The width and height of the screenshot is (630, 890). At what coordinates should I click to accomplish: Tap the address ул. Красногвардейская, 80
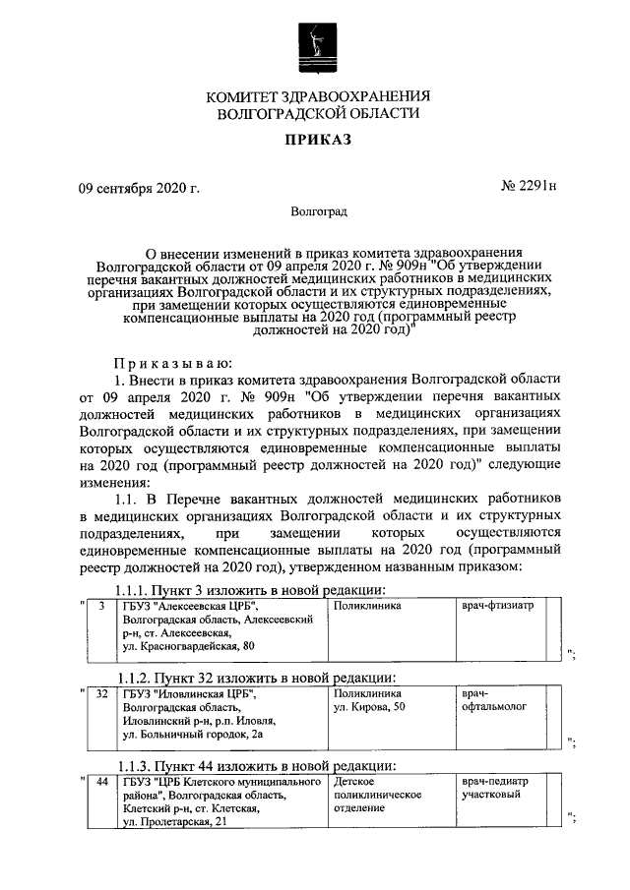(x=188, y=646)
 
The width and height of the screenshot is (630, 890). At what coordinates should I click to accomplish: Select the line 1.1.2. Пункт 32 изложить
(x=257, y=678)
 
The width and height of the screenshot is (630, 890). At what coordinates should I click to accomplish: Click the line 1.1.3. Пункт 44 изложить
(x=257, y=765)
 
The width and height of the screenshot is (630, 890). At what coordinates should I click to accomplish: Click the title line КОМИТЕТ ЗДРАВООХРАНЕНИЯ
(x=318, y=95)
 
